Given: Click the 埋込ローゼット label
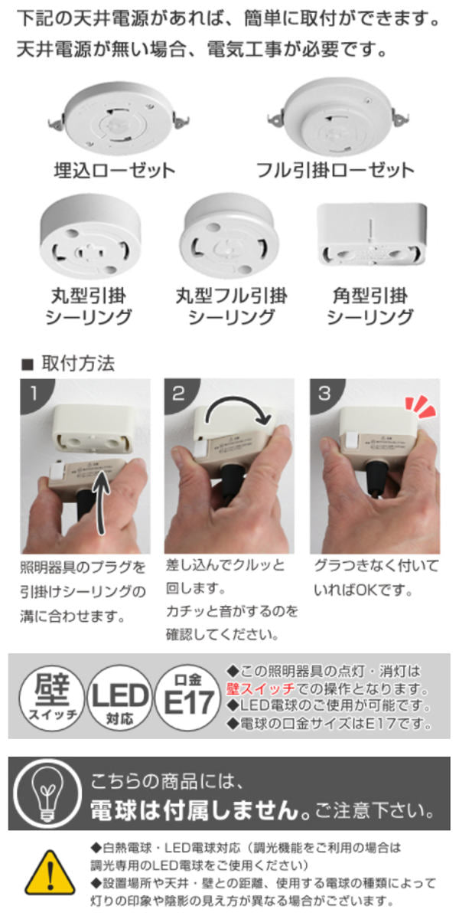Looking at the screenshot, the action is [x=114, y=170].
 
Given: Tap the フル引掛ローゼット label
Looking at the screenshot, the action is [x=335, y=170].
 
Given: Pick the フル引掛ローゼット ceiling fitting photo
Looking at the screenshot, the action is [x=338, y=117].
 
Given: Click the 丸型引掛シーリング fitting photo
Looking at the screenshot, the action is [x=90, y=237].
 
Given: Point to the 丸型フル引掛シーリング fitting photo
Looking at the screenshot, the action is [x=229, y=236].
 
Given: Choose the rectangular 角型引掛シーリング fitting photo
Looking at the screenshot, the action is [x=372, y=234].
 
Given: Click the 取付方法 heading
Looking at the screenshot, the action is [x=78, y=364].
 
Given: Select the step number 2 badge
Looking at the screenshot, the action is [x=179, y=394].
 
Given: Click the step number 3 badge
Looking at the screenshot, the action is [x=324, y=394].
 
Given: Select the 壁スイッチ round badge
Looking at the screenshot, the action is [x=52, y=698].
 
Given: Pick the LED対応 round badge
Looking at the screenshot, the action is [x=119, y=698].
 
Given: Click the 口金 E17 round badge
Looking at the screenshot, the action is [x=188, y=698].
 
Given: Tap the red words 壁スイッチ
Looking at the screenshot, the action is [x=261, y=688].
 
